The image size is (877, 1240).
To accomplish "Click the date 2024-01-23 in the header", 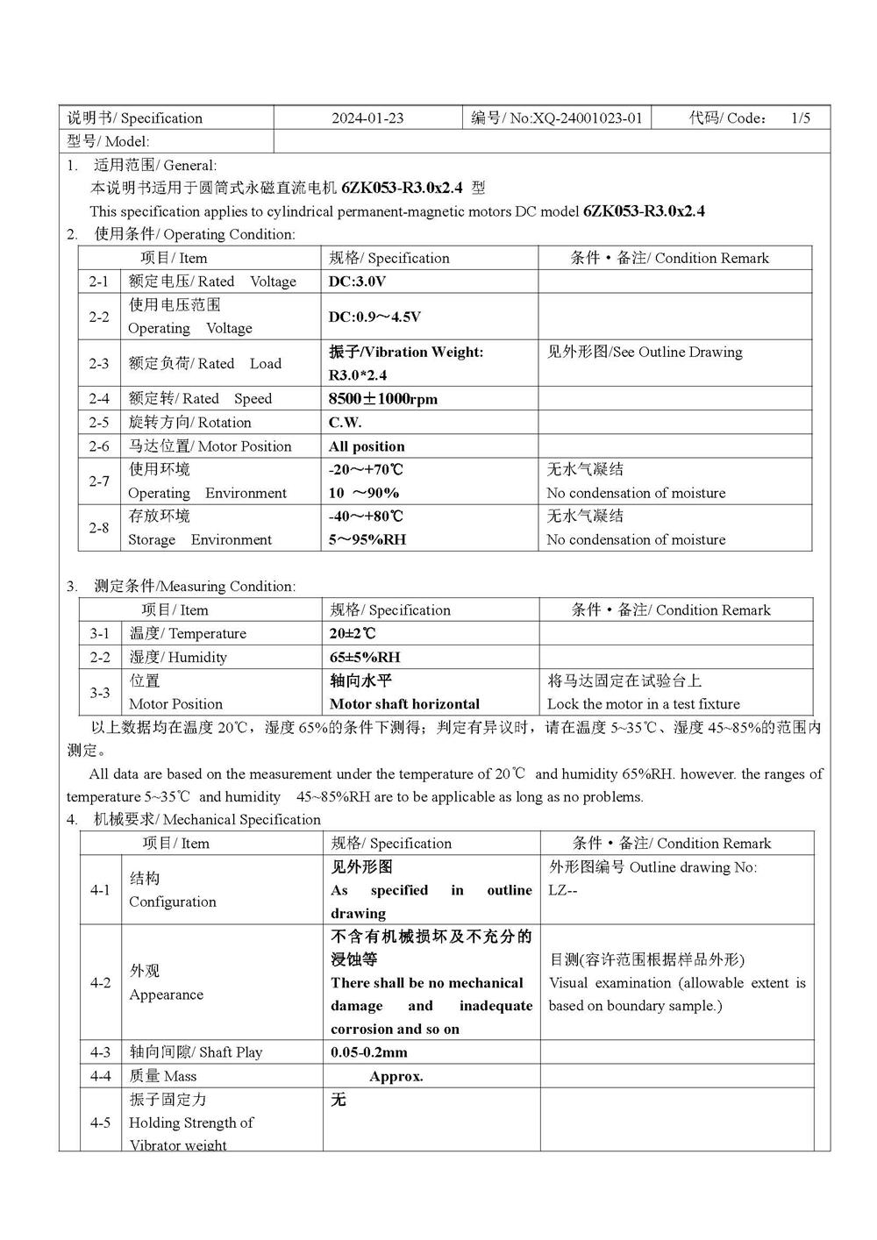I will click(x=367, y=118).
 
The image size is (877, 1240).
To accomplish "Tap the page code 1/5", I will click(x=800, y=118).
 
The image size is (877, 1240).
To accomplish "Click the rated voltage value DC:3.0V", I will click(x=357, y=281).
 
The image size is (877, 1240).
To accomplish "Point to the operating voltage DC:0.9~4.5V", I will click(x=374, y=317).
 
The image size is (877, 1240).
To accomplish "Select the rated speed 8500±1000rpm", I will click(x=382, y=399).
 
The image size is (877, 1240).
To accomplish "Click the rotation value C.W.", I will click(x=345, y=423).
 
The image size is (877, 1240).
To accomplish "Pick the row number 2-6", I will click(x=98, y=446).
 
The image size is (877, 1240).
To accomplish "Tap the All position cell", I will click(x=367, y=446).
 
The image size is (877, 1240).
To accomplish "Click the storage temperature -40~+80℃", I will click(x=366, y=517).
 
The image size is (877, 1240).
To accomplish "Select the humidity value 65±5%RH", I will click(x=365, y=658).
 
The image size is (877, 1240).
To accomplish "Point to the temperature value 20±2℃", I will click(x=353, y=634).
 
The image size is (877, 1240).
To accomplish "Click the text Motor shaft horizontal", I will click(x=404, y=704).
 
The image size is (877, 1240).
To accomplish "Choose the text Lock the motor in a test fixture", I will click(x=643, y=704).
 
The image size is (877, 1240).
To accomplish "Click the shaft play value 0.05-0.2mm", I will click(x=368, y=1052).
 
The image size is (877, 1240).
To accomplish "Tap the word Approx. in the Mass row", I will click(x=396, y=1077).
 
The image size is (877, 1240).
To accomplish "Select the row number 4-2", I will click(x=100, y=983).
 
